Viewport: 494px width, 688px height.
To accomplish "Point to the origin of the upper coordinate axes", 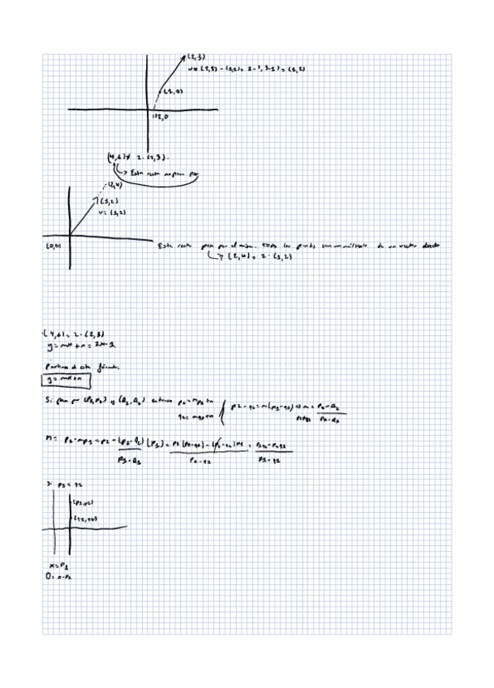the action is [148, 110].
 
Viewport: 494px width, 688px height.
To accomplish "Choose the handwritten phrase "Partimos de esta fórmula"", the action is [74, 366].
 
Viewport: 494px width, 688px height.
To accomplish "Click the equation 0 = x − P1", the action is [61, 574].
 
